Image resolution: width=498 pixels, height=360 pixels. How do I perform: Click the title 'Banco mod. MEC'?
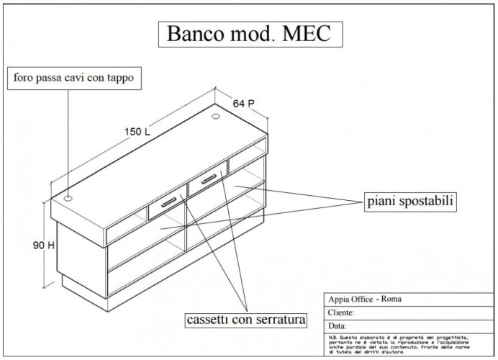click(x=248, y=33)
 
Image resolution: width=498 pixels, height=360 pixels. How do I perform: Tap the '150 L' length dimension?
click(x=137, y=132)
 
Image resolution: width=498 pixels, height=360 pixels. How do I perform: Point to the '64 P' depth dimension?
click(x=243, y=104)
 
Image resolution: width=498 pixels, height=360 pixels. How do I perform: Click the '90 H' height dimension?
click(x=43, y=245)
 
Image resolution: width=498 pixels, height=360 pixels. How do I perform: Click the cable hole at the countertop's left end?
click(x=68, y=198)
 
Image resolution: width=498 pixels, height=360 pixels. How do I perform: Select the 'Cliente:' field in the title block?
click(x=341, y=313)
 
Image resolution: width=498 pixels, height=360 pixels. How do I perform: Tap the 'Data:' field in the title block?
click(x=336, y=325)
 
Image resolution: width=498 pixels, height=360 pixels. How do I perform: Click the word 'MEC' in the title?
click(x=304, y=33)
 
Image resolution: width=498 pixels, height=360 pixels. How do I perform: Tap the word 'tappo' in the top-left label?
click(x=119, y=76)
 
